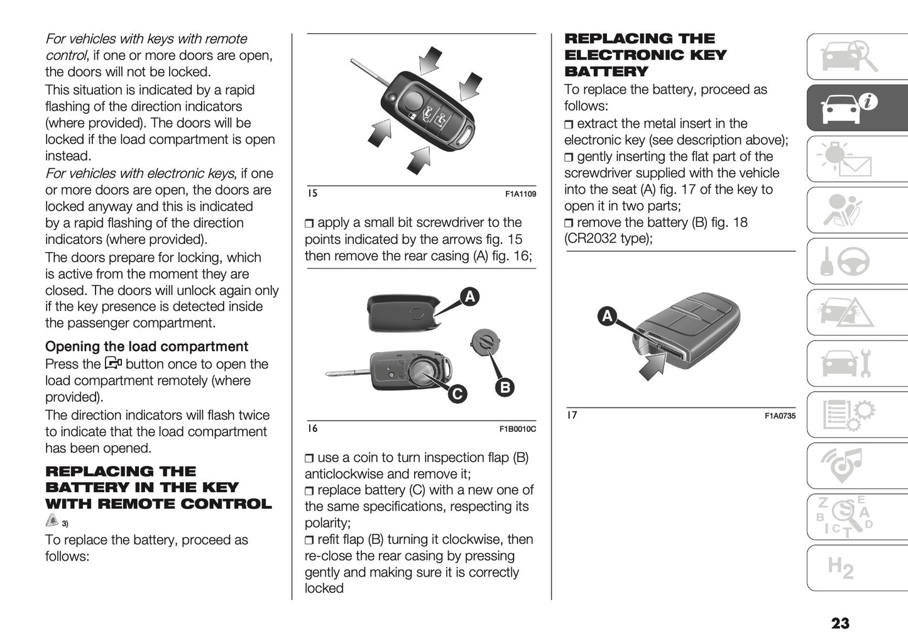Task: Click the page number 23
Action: coord(840,623)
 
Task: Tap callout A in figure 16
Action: coord(469,296)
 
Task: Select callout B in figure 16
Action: coord(505,387)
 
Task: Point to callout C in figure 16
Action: coord(457,394)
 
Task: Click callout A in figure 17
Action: coord(607,316)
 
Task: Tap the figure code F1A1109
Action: coord(520,194)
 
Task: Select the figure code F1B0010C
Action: coord(517,429)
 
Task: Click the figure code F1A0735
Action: coord(780,416)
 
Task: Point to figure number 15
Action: coord(312,194)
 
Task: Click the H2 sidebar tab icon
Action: coord(840,568)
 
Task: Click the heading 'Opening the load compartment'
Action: coord(146,346)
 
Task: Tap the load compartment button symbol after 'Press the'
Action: coord(113,363)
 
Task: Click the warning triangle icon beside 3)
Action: coord(52,521)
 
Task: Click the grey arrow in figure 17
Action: coord(653,366)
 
